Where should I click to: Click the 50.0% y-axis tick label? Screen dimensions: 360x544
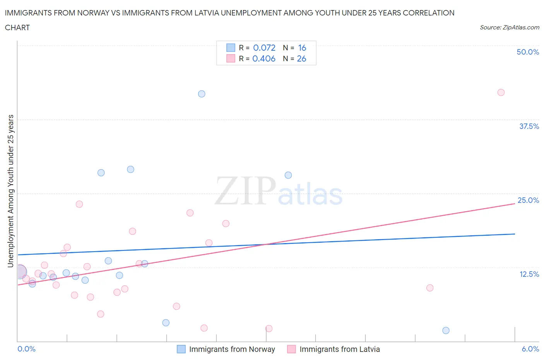528,52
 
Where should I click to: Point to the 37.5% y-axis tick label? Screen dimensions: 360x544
529,126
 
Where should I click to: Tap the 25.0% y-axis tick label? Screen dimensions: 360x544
528,200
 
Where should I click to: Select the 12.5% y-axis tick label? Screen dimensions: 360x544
529,274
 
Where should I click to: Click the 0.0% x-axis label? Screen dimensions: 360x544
26,349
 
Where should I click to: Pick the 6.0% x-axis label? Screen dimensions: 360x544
530,349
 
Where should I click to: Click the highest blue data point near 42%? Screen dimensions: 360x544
202,94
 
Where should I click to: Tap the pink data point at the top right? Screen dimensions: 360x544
501,92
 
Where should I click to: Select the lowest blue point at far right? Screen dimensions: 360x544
446,330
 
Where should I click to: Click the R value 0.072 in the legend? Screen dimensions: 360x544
264,48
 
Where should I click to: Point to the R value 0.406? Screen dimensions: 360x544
264,58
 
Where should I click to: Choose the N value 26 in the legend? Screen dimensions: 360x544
301,58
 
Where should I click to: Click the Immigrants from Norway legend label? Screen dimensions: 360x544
232,349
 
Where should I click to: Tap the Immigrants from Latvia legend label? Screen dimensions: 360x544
339,349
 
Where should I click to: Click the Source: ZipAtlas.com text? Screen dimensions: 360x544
509,27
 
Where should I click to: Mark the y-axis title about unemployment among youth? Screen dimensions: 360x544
11,191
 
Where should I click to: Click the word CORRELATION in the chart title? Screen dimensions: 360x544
428,13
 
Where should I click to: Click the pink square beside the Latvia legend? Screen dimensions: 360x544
291,349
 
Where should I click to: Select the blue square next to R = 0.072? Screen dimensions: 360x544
231,48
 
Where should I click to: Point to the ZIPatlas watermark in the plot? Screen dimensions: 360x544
279,191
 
